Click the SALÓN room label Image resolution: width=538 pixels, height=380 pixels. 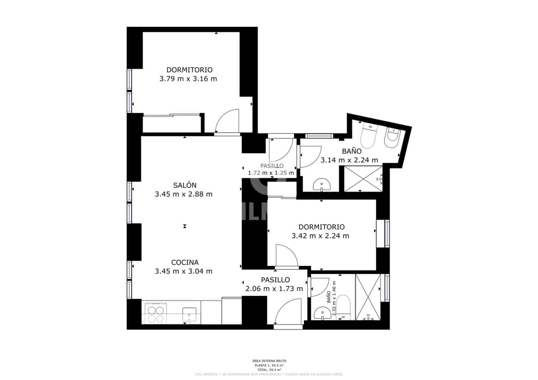[185, 185]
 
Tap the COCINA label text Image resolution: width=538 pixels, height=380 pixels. [185, 262]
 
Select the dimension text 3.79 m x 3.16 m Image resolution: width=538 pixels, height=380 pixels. [188, 79]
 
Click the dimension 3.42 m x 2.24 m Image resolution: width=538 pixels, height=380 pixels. [320, 236]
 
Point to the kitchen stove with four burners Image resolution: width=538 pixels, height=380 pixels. [155, 313]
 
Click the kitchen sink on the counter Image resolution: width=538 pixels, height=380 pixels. [189, 315]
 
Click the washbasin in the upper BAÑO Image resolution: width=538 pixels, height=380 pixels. [322, 185]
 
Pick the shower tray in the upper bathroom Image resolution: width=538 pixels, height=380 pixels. [363, 179]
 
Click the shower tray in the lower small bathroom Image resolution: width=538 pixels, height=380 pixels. [368, 297]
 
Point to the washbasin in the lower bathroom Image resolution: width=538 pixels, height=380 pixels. [322, 314]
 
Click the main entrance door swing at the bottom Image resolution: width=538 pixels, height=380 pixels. [286, 312]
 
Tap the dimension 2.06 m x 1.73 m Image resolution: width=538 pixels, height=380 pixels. [274, 289]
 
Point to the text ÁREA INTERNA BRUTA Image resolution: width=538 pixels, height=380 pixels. [269, 361]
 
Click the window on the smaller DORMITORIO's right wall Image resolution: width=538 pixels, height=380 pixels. [387, 234]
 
